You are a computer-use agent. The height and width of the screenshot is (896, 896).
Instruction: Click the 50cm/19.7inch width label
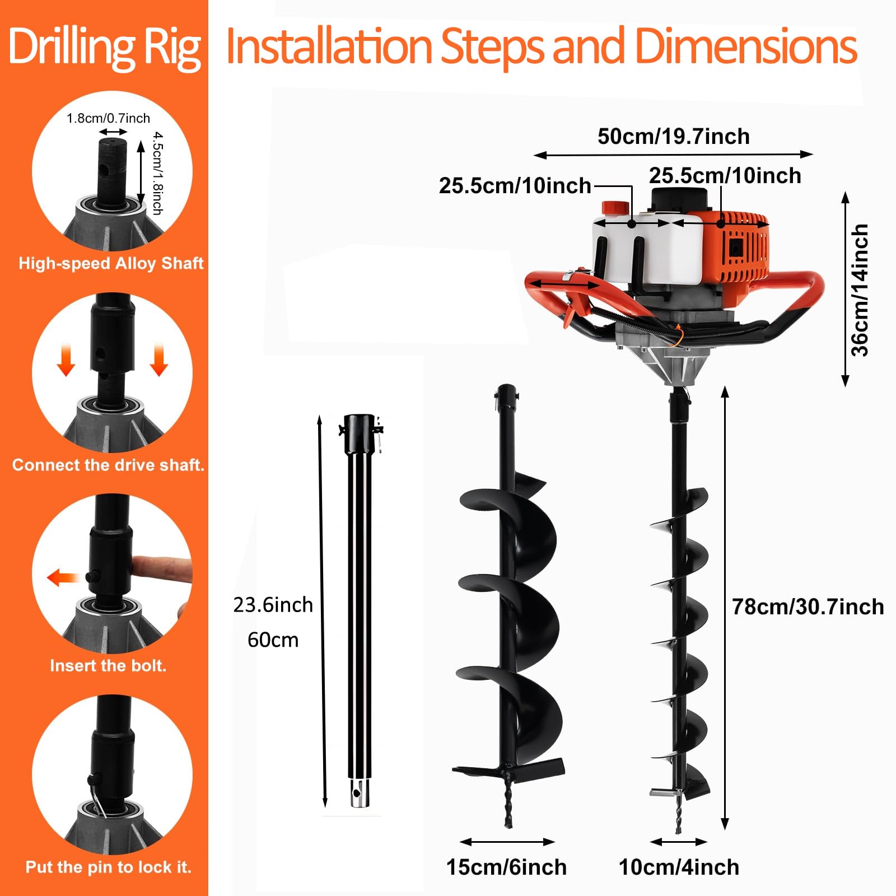tap(673, 137)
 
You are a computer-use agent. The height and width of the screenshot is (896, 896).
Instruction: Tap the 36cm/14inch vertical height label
tap(860, 290)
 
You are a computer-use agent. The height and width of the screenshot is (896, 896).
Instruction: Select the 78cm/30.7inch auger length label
tap(808, 607)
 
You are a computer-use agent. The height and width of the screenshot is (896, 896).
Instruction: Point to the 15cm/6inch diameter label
tap(506, 867)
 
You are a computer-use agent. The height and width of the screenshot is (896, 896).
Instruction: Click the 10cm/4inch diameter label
tap(679, 867)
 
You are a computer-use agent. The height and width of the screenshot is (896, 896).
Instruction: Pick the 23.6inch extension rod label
tap(273, 605)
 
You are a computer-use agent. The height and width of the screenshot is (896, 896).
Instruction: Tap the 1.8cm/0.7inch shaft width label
tap(108, 118)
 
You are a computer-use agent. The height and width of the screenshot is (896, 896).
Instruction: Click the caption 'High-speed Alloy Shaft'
tap(111, 263)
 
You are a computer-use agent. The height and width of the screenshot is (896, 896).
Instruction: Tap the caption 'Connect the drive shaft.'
tap(108, 465)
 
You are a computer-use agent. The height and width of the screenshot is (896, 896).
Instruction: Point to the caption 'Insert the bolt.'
tap(108, 665)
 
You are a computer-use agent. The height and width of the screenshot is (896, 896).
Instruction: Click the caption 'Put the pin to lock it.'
tap(108, 867)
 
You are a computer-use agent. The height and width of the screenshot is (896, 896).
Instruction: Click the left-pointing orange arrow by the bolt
tap(62, 577)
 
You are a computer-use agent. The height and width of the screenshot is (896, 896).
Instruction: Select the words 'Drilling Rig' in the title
tap(104, 48)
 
